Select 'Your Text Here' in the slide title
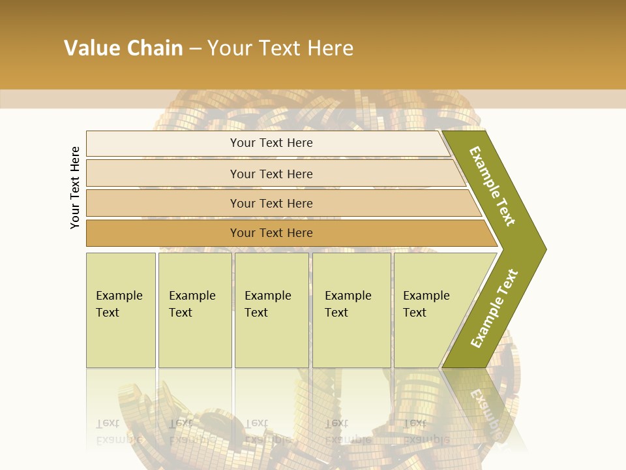(280, 48)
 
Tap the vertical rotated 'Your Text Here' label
(75, 187)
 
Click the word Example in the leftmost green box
(119, 296)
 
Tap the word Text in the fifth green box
(414, 313)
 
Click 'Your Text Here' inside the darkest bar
(271, 233)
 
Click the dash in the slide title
(195, 49)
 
